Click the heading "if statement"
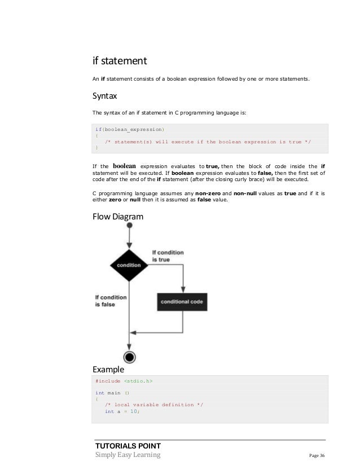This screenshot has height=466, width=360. click(x=120, y=60)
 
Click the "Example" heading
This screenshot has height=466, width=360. click(x=108, y=370)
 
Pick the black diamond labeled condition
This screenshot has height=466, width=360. click(x=129, y=264)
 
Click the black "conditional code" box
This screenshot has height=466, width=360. click(x=182, y=302)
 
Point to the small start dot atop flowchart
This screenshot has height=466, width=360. click(x=130, y=226)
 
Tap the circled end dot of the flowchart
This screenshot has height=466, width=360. click(x=130, y=357)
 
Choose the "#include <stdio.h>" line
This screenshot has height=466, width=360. click(x=124, y=381)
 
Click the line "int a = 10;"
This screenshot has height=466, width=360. click(x=122, y=412)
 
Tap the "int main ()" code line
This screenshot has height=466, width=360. click(x=113, y=392)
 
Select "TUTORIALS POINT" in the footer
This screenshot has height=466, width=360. click(x=128, y=446)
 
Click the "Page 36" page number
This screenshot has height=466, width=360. click(x=317, y=455)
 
